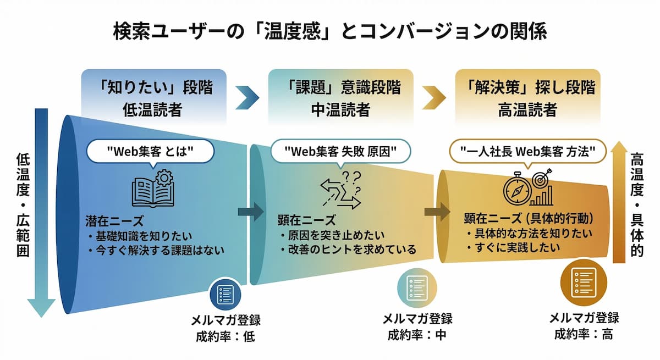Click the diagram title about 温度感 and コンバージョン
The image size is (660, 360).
click(x=330, y=31)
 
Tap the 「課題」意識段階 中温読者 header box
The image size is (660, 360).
click(x=340, y=97)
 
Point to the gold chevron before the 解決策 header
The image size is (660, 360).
click(x=434, y=97)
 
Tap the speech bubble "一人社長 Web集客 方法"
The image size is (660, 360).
click(x=528, y=149)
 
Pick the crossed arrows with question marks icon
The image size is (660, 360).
click(x=341, y=190)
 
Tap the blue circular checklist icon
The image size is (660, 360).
click(x=226, y=294)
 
